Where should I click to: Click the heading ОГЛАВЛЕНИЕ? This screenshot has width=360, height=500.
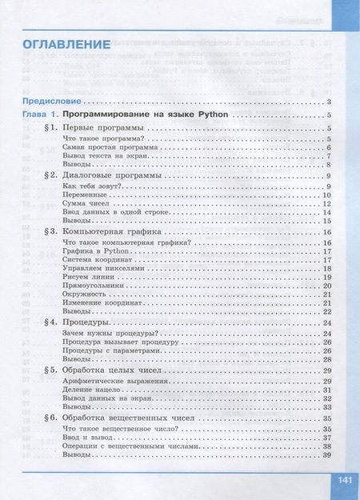click(x=66, y=44)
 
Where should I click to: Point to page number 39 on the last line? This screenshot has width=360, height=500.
click(x=326, y=455)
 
